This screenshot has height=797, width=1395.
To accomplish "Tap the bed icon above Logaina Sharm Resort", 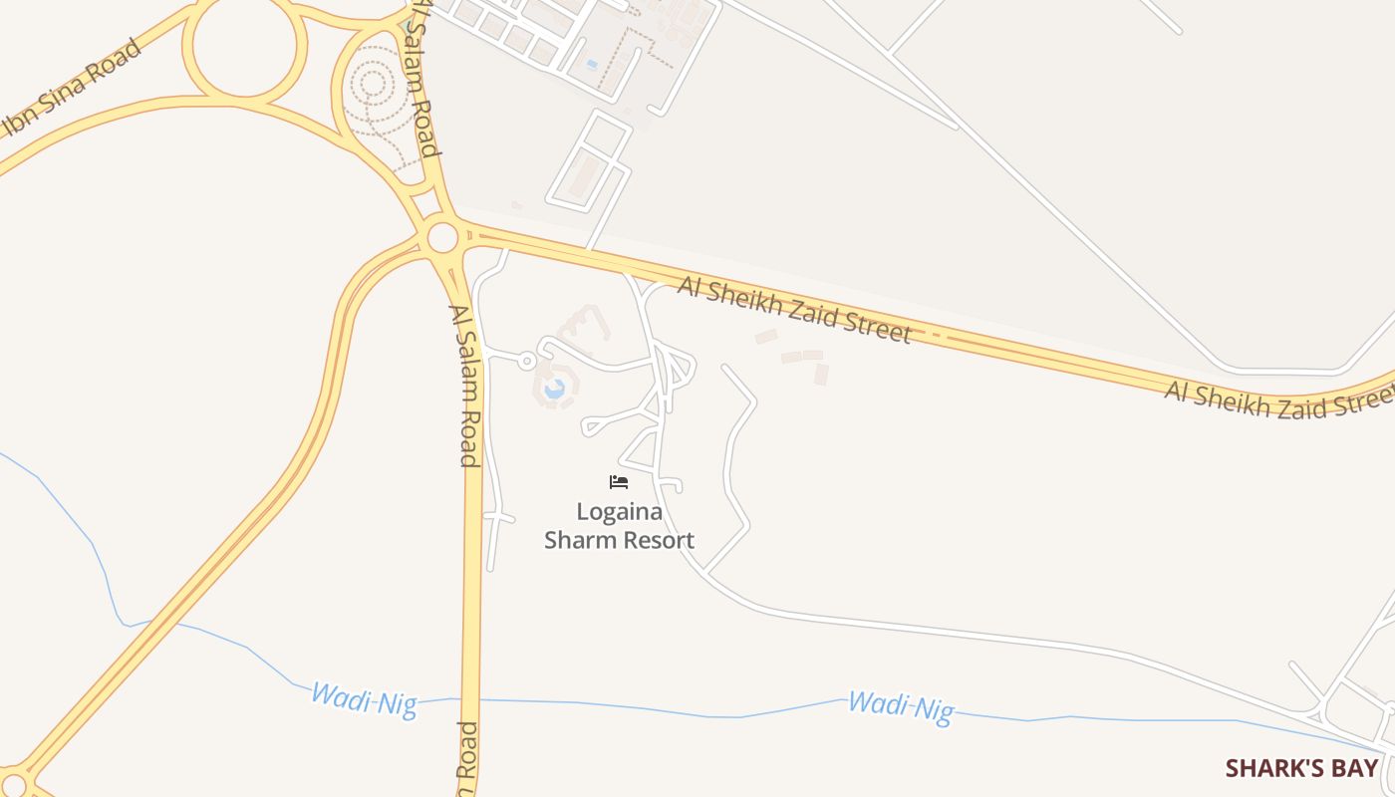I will (x=619, y=482).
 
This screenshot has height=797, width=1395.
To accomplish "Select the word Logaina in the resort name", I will (x=619, y=512).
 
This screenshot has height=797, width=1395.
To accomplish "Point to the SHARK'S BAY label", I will (x=1301, y=768).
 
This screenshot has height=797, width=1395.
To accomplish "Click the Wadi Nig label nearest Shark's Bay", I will (x=901, y=706).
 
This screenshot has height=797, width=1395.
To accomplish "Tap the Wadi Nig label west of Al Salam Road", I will (x=363, y=698).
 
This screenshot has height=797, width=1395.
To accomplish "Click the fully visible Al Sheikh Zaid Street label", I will (x=794, y=311).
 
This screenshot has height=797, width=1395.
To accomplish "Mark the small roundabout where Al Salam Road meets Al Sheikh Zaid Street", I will (x=442, y=238).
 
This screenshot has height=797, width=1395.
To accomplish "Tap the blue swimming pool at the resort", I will (x=554, y=388).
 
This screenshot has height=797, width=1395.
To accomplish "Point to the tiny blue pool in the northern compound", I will (x=593, y=65).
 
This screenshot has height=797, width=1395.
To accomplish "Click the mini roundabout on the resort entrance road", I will (x=527, y=361).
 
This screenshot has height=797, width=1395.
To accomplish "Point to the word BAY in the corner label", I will (x=1357, y=768).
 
